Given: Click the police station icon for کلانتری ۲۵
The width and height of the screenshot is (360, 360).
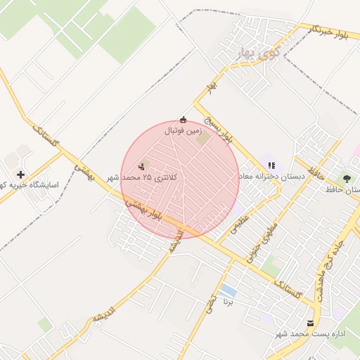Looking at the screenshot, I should [x=142, y=167].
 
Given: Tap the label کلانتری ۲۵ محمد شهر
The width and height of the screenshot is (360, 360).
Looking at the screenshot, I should [x=143, y=178].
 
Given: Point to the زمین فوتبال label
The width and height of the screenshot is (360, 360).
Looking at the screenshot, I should [x=184, y=131].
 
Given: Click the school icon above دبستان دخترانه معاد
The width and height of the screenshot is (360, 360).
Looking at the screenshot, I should [x=272, y=165].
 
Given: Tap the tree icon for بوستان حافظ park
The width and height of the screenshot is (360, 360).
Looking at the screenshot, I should [x=347, y=177].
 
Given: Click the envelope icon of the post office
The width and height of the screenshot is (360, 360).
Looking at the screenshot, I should [x=311, y=323].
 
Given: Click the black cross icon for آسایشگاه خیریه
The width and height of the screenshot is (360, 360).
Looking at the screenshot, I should [x=21, y=174].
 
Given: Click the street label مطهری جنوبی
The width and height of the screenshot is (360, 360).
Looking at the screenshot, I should [x=262, y=236].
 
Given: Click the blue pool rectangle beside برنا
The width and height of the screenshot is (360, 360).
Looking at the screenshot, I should [x=227, y=290].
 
